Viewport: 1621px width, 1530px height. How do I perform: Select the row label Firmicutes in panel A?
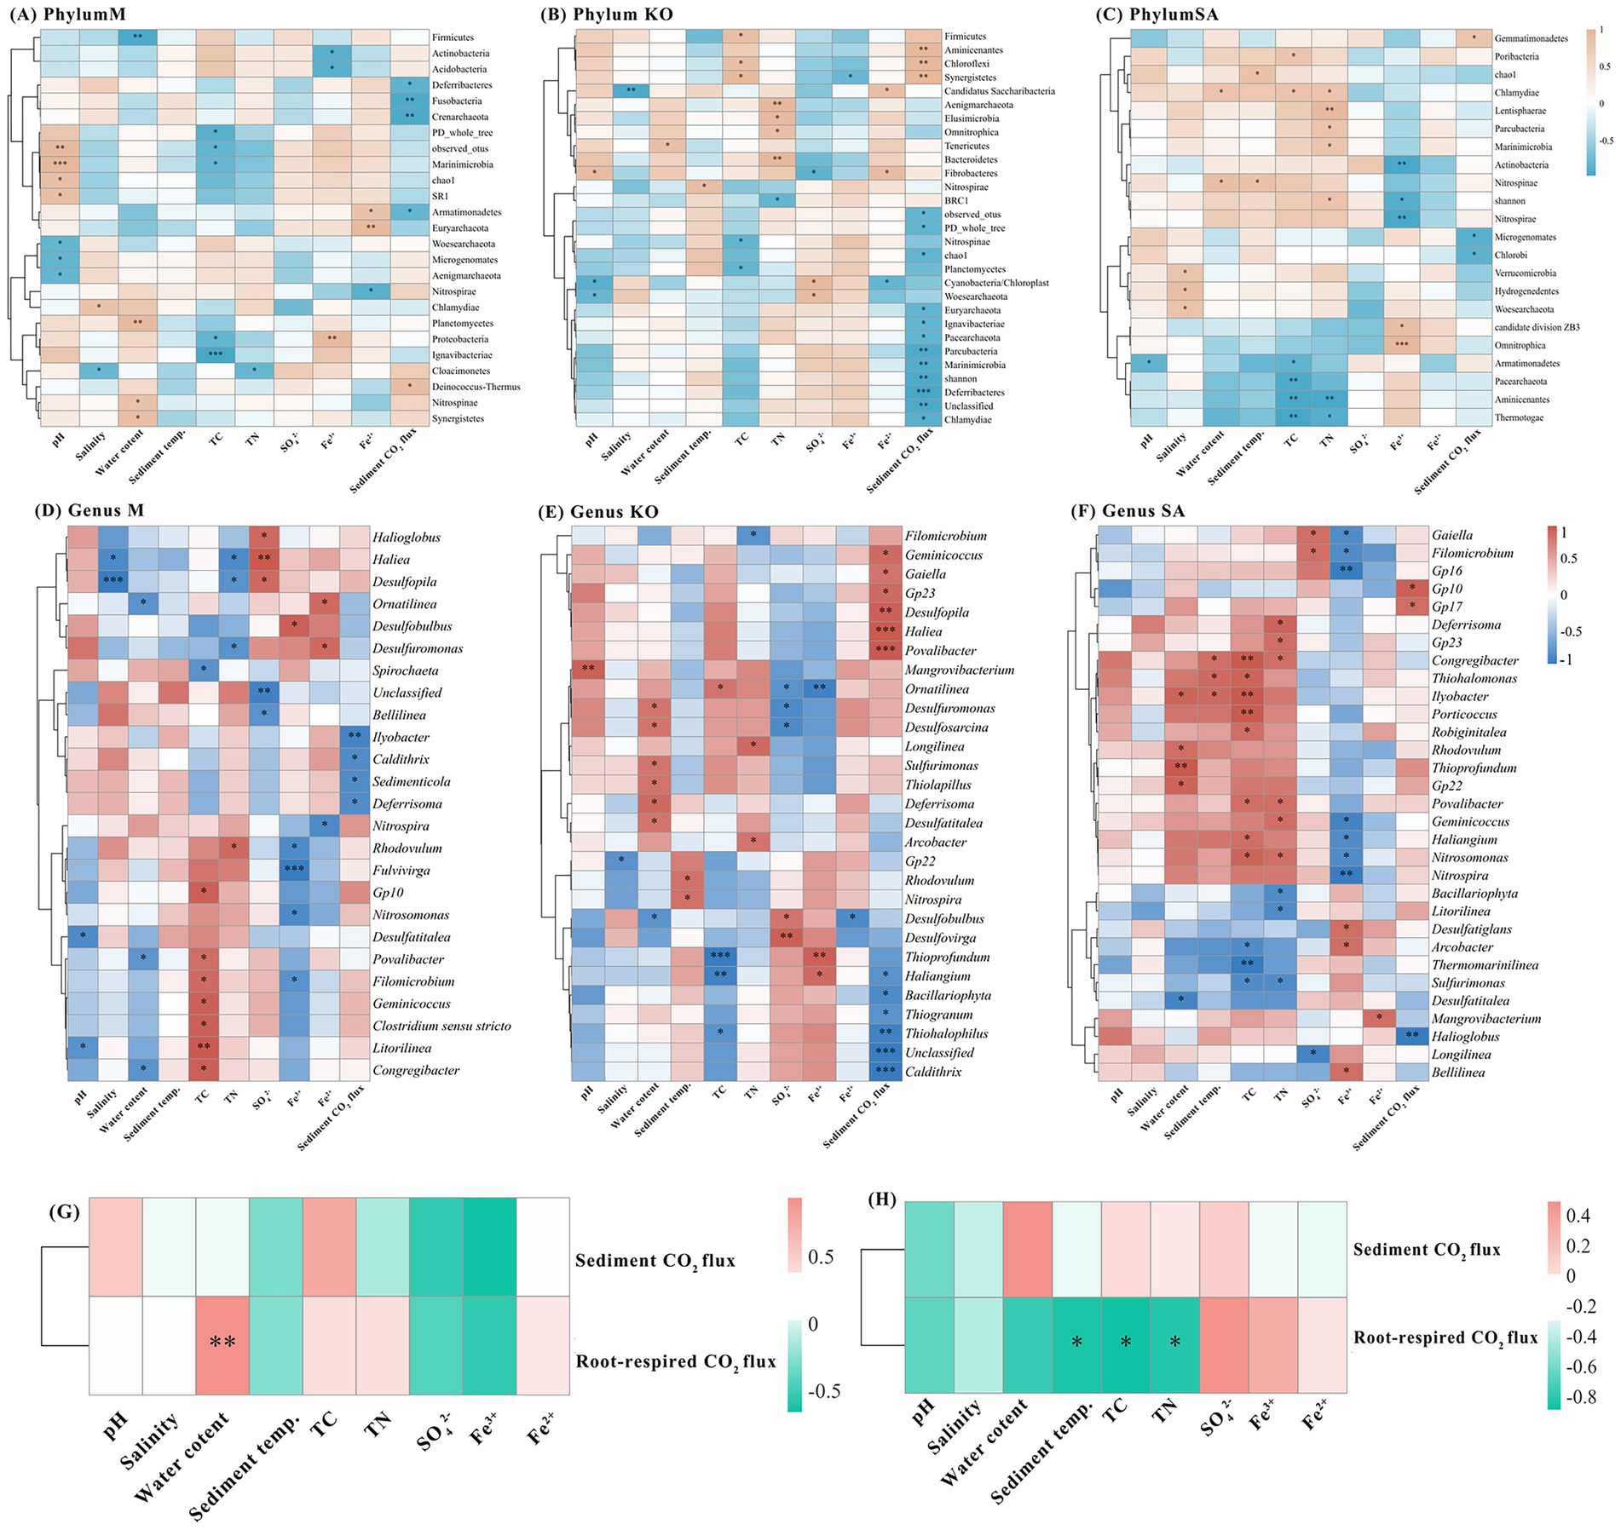(x=453, y=37)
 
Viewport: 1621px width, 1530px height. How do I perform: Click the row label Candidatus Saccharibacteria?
(x=999, y=91)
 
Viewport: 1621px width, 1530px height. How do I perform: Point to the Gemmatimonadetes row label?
(x=1531, y=38)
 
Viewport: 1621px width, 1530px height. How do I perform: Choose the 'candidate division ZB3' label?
(x=1537, y=327)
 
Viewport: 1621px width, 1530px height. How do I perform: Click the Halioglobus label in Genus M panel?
(x=406, y=538)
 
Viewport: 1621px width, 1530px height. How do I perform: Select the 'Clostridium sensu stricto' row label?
(x=441, y=1026)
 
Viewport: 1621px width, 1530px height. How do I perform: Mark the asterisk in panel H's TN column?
(x=1175, y=1342)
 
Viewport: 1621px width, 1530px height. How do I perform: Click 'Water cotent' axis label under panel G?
(x=182, y=1452)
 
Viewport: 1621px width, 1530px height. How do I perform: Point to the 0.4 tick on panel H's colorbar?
(x=1578, y=1217)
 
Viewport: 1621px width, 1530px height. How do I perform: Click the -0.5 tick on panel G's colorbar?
(x=823, y=1391)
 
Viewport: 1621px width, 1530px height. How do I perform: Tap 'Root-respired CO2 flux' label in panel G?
(x=676, y=1360)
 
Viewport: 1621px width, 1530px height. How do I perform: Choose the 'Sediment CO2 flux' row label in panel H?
(x=1427, y=1250)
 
